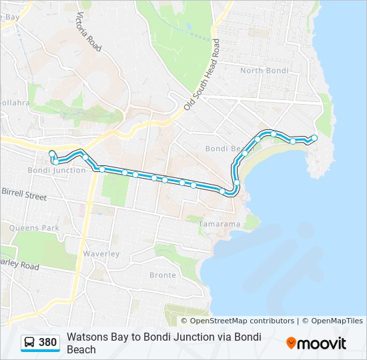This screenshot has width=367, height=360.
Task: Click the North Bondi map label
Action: coord(264,71)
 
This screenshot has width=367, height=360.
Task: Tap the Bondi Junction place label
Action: coord(57,170)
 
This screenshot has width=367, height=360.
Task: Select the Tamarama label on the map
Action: coord(219,224)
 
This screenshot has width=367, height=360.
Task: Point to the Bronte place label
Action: coord(163,275)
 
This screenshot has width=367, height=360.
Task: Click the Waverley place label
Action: coord(101,253)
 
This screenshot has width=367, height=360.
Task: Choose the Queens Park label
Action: coord(34,227)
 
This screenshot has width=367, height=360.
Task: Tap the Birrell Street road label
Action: coord(24,195)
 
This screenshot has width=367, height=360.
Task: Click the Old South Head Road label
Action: coord(202,75)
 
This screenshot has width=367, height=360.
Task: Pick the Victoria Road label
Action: coord(89,31)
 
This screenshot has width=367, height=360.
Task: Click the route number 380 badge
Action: coord(47,343)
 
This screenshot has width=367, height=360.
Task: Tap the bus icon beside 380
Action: coord(30,343)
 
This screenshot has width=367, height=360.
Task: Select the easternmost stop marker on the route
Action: coord(314,138)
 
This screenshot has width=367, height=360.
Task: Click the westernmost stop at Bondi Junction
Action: coord(52,154)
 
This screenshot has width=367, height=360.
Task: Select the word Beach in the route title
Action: coord(81,349)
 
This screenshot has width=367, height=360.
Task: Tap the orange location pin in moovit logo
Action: coord(291,343)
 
